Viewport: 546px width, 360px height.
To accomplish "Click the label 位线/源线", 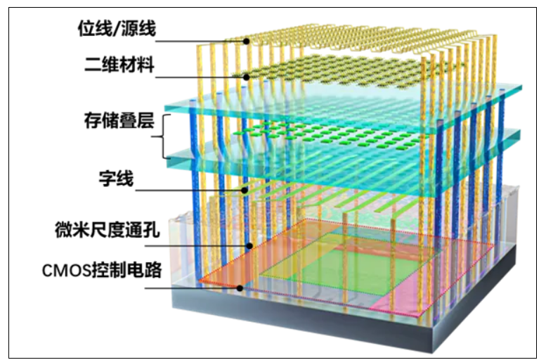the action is pyautogui.click(x=117, y=29).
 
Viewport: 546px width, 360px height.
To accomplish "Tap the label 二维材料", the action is pyautogui.click(x=119, y=65).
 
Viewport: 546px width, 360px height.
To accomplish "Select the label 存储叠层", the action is pyautogui.click(x=119, y=120).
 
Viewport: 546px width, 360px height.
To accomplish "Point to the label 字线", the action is pyautogui.click(x=117, y=179).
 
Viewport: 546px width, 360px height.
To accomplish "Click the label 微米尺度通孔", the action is pyautogui.click(x=108, y=230).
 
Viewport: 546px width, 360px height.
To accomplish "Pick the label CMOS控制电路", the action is pyautogui.click(x=102, y=270).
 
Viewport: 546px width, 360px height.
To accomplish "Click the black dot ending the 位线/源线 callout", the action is pyautogui.click(x=246, y=41).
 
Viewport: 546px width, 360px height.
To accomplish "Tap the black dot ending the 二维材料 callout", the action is pyautogui.click(x=246, y=77).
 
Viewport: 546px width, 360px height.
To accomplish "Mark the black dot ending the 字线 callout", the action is pyautogui.click(x=245, y=191).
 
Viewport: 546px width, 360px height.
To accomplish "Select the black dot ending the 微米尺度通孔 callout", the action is pyautogui.click(x=249, y=246).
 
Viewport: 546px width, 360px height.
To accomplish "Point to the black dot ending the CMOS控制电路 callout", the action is pyautogui.click(x=240, y=288).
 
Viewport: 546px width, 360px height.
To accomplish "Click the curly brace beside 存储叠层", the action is pyautogui.click(x=163, y=136).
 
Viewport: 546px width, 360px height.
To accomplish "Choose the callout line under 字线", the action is pyautogui.click(x=190, y=191).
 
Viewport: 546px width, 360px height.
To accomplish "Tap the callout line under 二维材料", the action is pyautogui.click(x=200, y=77).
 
